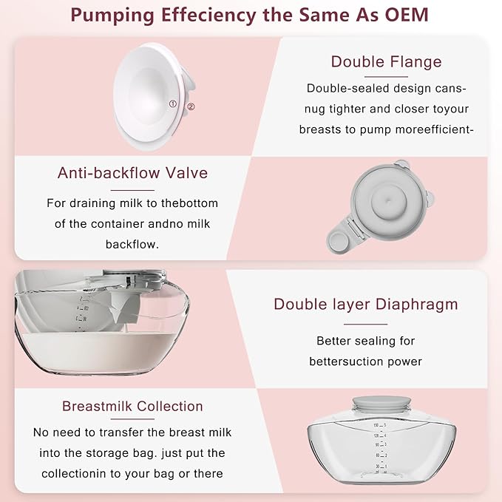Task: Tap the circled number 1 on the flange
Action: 173,104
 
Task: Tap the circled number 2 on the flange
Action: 190,106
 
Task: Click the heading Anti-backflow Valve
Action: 132,173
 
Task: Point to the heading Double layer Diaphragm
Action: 365,304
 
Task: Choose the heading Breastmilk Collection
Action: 132,406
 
